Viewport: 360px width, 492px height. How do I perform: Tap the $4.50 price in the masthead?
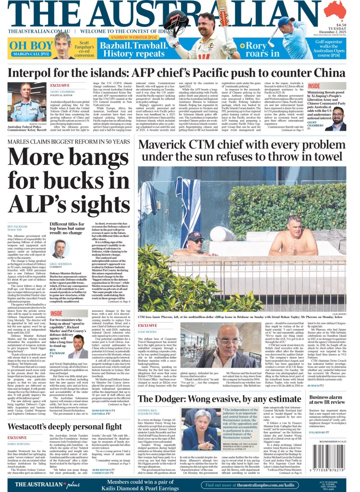(x=341, y=25)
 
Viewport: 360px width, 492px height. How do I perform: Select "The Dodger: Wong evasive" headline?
(x=219, y=399)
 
